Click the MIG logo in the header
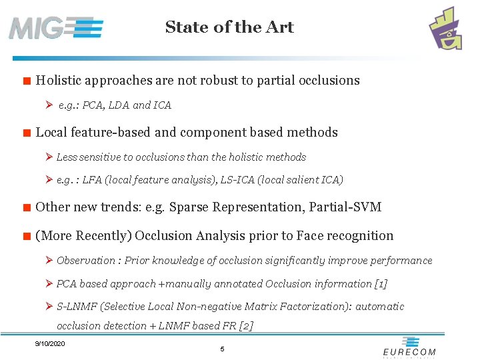pyautogui.click(x=56, y=28)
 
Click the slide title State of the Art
pyautogui.click(x=229, y=27)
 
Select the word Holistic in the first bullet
pyautogui.click(x=59, y=81)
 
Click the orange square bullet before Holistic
pyautogui.click(x=26, y=82)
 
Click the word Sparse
pyautogui.click(x=189, y=207)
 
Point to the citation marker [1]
pyautogui.click(x=380, y=284)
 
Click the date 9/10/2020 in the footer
pyautogui.click(x=50, y=343)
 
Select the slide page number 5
pyautogui.click(x=222, y=349)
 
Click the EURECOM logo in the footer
pyautogui.click(x=409, y=351)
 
